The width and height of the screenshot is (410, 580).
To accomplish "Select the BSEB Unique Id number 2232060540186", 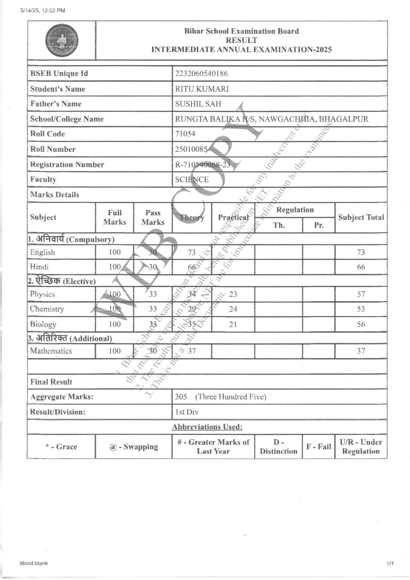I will click(x=201, y=74).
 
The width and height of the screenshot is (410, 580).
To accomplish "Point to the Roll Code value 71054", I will click(x=185, y=134).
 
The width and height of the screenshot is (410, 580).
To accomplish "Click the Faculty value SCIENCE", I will click(x=192, y=179).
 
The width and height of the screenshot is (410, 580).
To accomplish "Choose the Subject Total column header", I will click(x=361, y=217).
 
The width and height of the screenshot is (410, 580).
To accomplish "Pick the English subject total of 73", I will click(x=361, y=252).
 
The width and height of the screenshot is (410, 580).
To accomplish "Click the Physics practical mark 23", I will click(x=233, y=294).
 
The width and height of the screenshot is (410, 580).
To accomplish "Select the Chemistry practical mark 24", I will click(x=233, y=309).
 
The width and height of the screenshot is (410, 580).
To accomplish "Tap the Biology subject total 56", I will click(x=361, y=324).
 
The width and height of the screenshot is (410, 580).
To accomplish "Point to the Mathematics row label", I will click(x=51, y=351).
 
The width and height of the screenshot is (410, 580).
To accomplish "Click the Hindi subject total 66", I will click(x=361, y=267).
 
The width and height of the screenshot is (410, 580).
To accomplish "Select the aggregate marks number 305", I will click(x=181, y=397).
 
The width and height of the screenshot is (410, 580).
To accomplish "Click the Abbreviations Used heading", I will click(x=207, y=427).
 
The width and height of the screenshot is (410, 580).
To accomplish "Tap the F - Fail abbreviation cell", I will click(x=318, y=446).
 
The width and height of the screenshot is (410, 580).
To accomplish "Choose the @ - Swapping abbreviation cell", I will click(x=133, y=446).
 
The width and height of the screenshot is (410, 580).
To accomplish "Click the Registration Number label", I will click(x=67, y=165).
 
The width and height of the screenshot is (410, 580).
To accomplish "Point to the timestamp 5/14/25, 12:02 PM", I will click(x=42, y=11).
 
